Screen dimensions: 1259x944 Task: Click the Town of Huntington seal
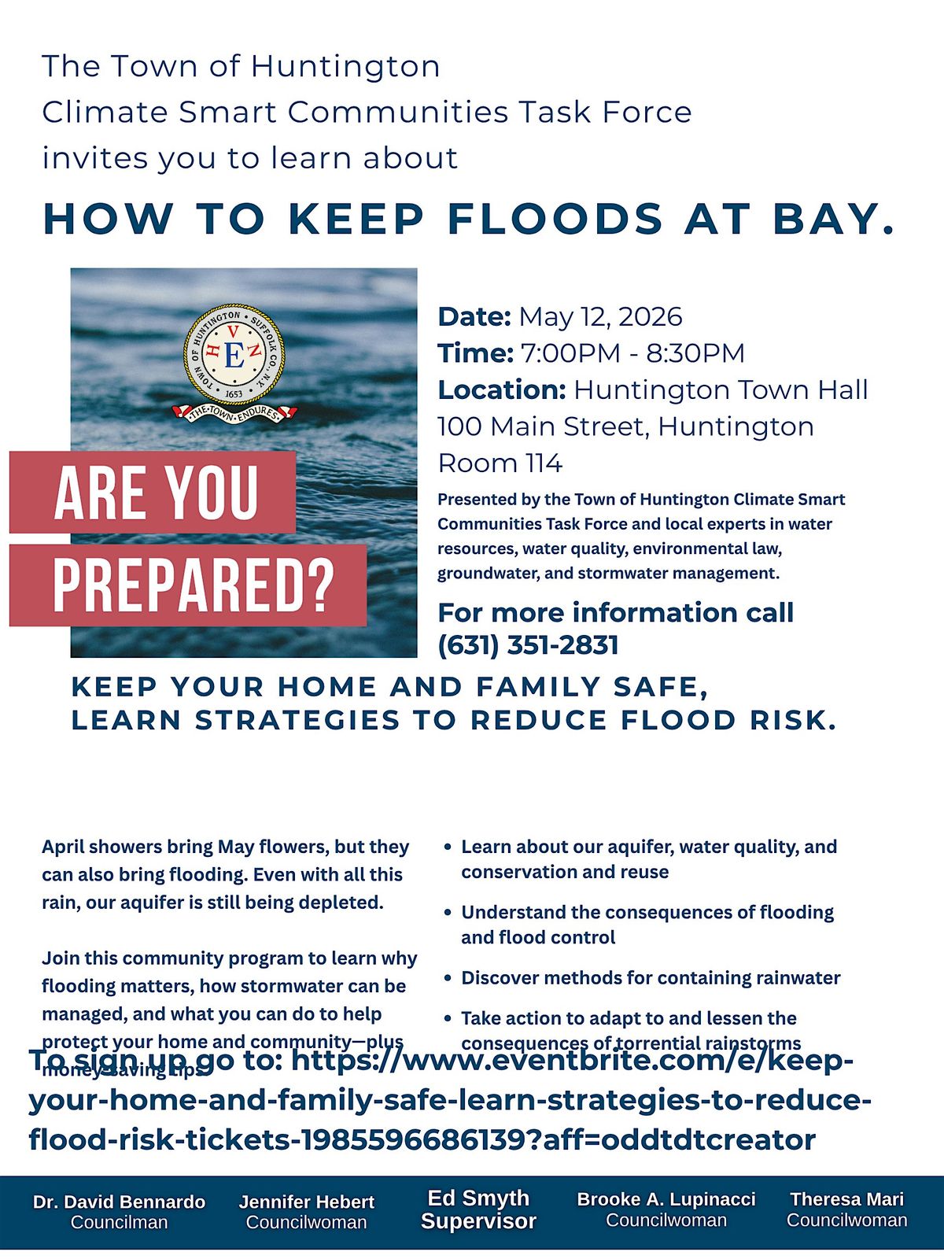[234, 356]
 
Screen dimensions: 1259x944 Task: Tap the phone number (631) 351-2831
[528, 645]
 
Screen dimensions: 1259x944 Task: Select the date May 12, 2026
[600, 316]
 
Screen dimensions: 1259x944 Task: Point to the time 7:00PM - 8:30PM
[632, 353]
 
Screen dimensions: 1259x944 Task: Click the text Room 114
[500, 463]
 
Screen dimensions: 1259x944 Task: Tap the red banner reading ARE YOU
[153, 493]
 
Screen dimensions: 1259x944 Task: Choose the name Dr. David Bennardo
[119, 1202]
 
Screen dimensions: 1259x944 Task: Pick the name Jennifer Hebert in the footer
[306, 1202]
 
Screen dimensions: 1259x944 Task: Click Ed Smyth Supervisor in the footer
[478, 1209]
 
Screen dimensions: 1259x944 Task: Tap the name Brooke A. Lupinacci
[666, 1199]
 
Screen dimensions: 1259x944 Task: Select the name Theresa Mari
[846, 1199]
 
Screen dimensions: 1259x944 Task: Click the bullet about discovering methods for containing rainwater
[650, 978]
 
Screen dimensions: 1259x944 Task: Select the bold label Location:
[501, 390]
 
